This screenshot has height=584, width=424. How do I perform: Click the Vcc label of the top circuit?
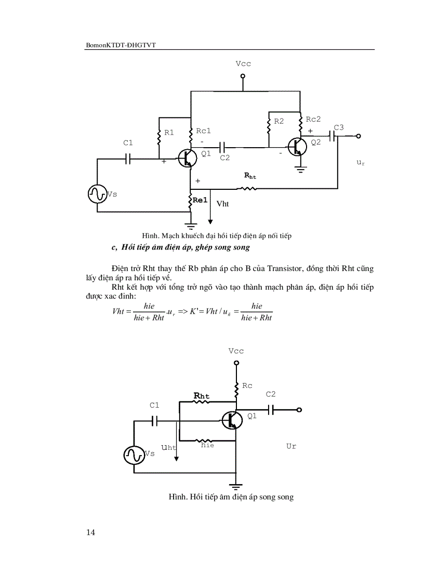click(x=243, y=64)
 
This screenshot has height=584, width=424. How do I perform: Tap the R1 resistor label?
click(x=169, y=133)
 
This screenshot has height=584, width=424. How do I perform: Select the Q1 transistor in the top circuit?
click(x=187, y=158)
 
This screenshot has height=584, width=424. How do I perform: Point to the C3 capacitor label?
click(x=339, y=127)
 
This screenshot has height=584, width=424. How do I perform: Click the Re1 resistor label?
click(x=201, y=200)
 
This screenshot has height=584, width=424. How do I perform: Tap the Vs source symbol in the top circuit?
click(x=97, y=194)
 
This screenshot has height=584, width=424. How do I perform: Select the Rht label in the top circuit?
click(x=250, y=176)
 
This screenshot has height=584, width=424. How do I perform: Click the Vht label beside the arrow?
click(x=222, y=204)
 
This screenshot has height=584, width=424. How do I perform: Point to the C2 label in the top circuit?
click(x=224, y=158)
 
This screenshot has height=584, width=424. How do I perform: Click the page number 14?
click(x=90, y=532)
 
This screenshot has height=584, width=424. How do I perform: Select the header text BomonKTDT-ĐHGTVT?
click(x=121, y=46)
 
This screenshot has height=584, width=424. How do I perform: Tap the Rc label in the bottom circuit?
click(x=247, y=386)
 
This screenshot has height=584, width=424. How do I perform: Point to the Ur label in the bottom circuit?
click(x=291, y=446)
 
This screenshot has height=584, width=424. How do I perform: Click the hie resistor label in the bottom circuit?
click(x=207, y=445)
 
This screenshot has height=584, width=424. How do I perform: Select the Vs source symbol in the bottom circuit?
click(x=133, y=455)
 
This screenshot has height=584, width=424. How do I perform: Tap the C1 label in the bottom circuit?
click(x=154, y=405)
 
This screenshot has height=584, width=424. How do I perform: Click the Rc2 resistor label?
click(x=313, y=119)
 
